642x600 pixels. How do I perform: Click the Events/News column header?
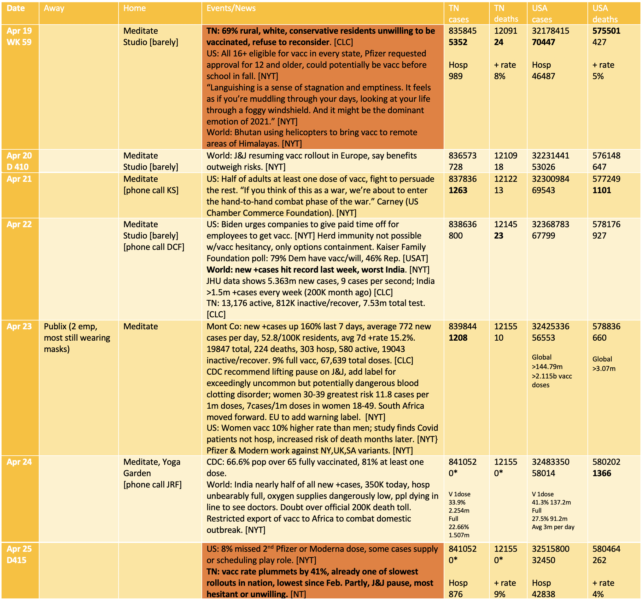click(231, 9)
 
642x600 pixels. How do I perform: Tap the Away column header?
click(54, 9)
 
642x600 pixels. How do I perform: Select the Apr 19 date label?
click(19, 31)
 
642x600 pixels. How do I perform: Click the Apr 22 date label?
click(19, 224)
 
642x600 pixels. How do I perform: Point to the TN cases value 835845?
click(463, 31)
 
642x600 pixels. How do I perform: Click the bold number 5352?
click(458, 42)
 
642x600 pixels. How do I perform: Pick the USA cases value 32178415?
click(551, 31)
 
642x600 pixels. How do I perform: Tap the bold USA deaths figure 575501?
click(606, 31)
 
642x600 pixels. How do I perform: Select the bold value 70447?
click(544, 42)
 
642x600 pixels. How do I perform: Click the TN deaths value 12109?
click(506, 156)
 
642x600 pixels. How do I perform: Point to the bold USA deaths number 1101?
click(602, 190)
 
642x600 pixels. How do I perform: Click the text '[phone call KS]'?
click(151, 190)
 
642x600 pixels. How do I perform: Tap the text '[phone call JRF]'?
click(152, 485)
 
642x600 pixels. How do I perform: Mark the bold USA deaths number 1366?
click(602, 474)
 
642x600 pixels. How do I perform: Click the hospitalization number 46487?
click(544, 77)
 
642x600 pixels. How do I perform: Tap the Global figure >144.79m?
click(547, 367)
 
